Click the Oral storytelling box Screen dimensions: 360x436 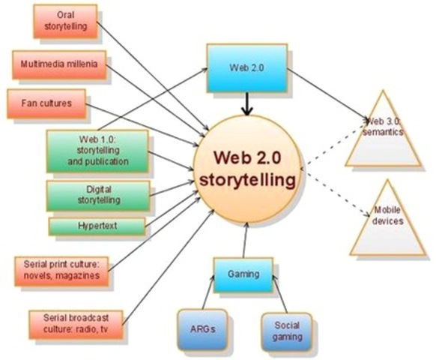65,21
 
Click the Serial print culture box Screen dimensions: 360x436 61,270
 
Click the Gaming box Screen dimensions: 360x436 243,274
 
